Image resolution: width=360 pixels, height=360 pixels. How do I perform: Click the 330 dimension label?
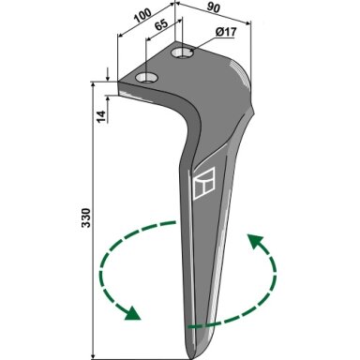click(86, 217)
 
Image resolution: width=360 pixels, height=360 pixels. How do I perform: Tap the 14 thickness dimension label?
click(101, 116)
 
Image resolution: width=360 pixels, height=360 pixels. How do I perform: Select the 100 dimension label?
click(142, 16)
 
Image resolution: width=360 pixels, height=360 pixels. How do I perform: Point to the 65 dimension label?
click(161, 25)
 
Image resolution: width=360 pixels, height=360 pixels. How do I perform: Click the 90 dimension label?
click(213, 8)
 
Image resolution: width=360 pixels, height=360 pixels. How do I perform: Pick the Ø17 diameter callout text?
click(226, 32)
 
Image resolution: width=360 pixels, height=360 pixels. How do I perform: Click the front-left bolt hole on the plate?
click(146, 77)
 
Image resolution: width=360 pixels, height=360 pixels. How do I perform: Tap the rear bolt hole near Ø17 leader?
click(183, 52)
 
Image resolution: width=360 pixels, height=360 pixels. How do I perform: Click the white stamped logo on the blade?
click(204, 184)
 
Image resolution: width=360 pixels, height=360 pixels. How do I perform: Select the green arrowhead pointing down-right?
click(133, 313)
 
